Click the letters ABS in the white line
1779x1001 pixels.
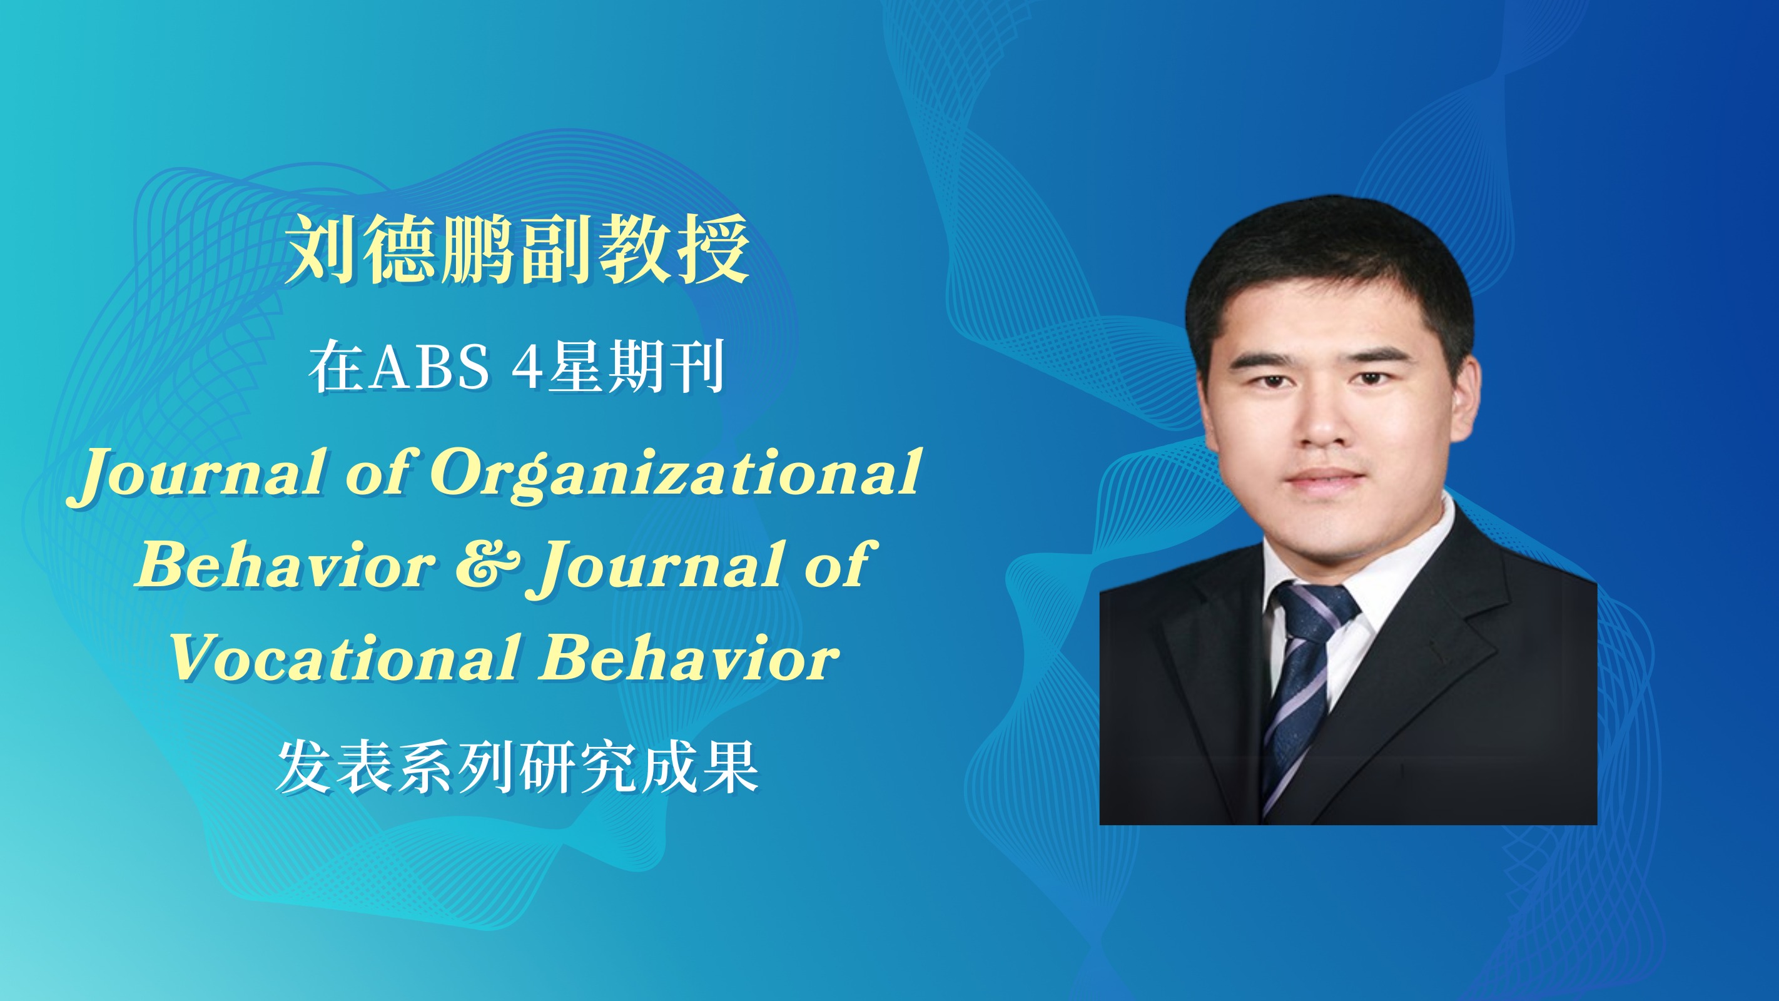pyautogui.click(x=430, y=366)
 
